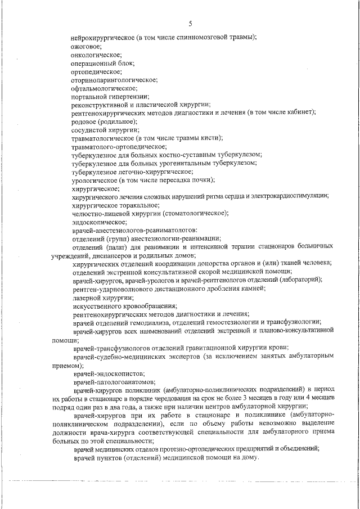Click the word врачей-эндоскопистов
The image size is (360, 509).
click(105, 373)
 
